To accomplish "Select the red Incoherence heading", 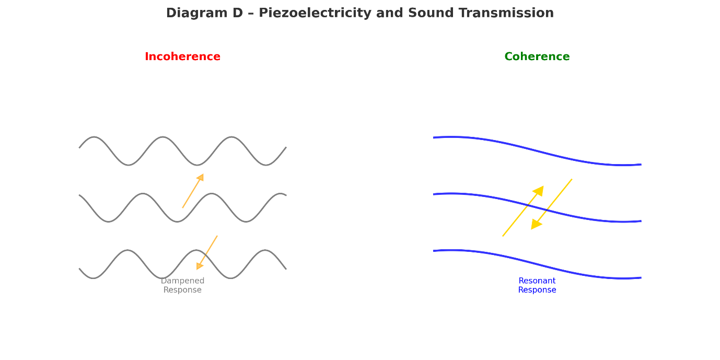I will pyautogui.click(x=182, y=57).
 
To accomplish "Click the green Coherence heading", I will pyautogui.click(x=537, y=57).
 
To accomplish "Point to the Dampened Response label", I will pyautogui.click(x=182, y=285).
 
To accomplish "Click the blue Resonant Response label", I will pyautogui.click(x=537, y=285).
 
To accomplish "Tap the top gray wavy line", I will pyautogui.click(x=163, y=137).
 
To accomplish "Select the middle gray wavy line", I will pyautogui.click(x=142, y=194).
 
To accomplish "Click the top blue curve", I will pyautogui.click(x=537, y=150).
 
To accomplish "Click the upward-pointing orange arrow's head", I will pyautogui.click(x=201, y=178).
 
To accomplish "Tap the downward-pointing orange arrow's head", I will pyautogui.click(x=199, y=266).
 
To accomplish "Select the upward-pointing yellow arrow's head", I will pyautogui.click(x=539, y=191).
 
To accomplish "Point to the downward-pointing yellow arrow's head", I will pyautogui.click(x=536, y=224).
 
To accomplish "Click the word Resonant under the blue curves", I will pyautogui.click(x=537, y=281).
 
